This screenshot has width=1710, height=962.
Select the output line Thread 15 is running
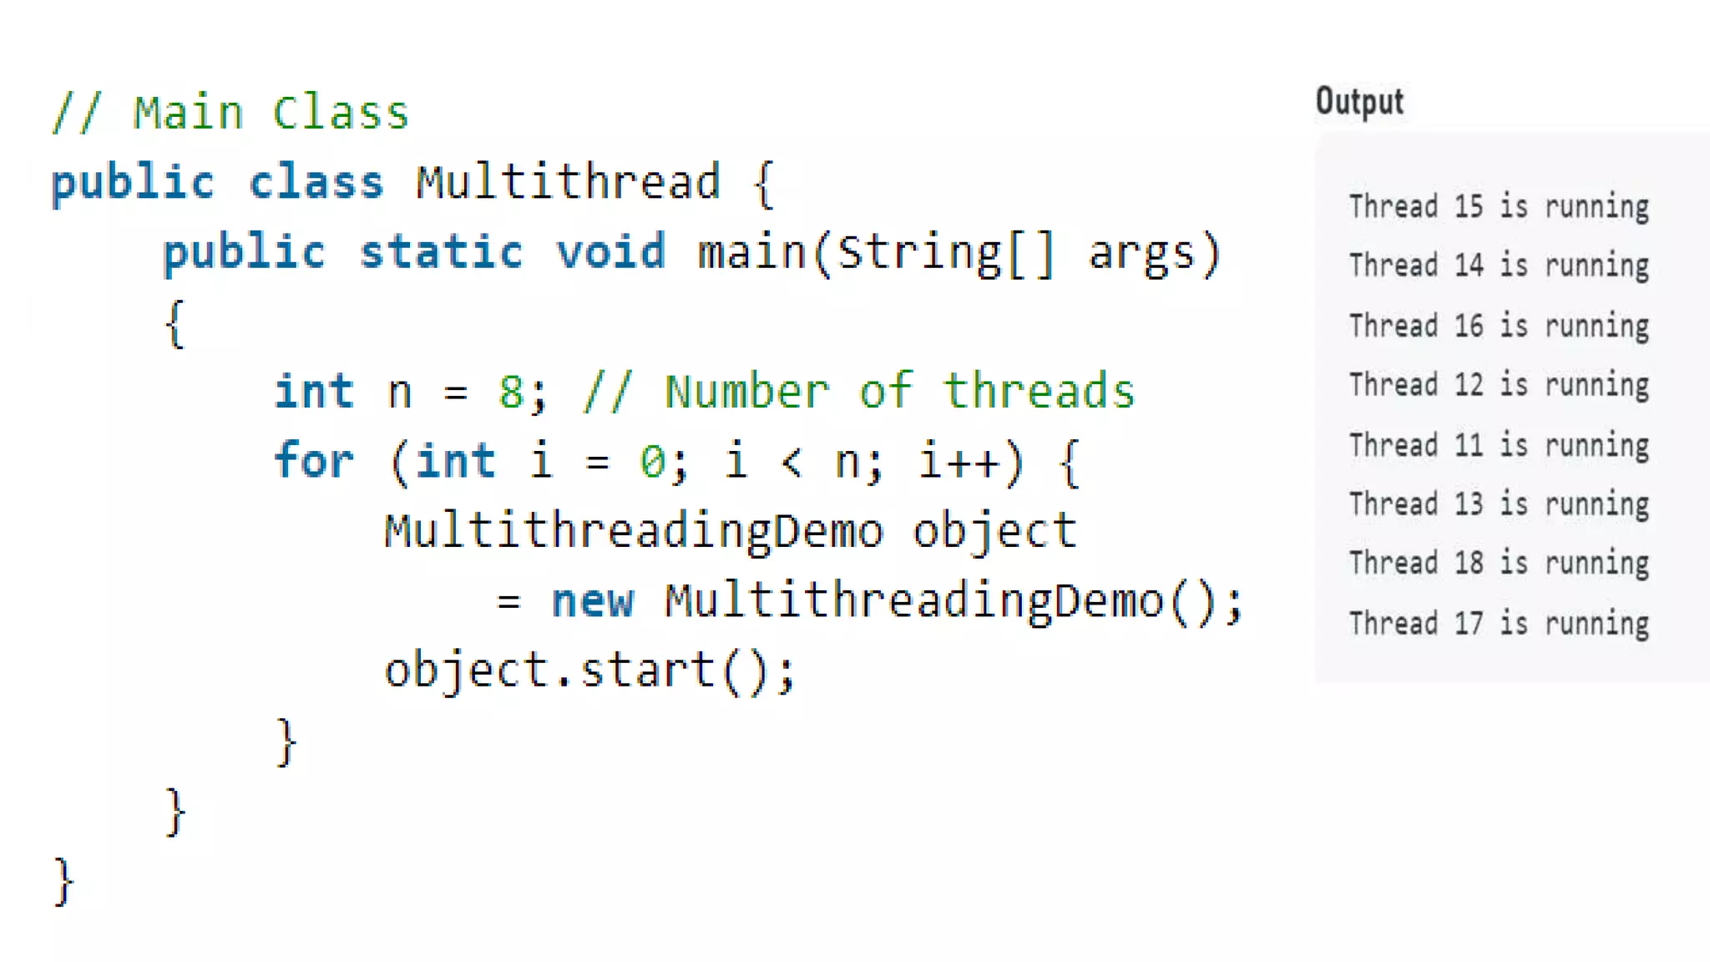tap(1499, 206)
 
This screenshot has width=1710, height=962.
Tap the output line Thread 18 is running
tap(1499, 564)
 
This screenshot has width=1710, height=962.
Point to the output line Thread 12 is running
tap(1499, 385)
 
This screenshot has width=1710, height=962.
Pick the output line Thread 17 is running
tap(1499, 624)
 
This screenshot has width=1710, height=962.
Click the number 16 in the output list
tap(1469, 326)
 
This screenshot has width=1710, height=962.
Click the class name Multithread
tap(568, 182)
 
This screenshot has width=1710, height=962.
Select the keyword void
tap(611, 251)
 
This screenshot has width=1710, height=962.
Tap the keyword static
tap(442, 251)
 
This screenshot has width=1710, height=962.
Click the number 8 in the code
tap(510, 392)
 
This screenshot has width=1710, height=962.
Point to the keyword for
tap(314, 460)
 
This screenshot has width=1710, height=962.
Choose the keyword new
tap(593, 600)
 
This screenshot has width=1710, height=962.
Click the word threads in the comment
tap(1040, 391)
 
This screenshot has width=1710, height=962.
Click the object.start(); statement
tap(589, 671)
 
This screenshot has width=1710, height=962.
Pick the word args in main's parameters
tap(1142, 253)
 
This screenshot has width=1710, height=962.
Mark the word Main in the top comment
tap(188, 113)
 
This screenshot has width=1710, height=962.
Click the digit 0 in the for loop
tap(652, 461)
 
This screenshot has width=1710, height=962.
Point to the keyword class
tap(316, 182)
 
